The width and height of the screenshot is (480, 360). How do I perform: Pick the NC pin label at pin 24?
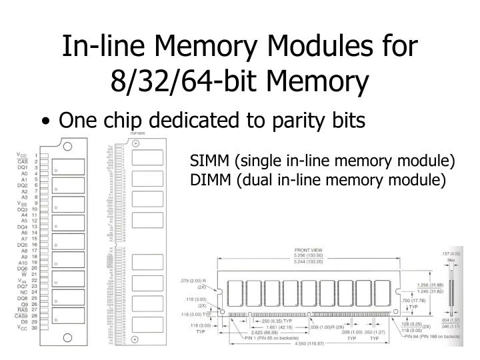pyautogui.click(x=23, y=293)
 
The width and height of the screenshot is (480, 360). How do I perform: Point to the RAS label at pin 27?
pyautogui.click(x=22, y=311)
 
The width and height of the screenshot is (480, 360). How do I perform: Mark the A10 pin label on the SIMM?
pyautogui.click(x=23, y=263)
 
